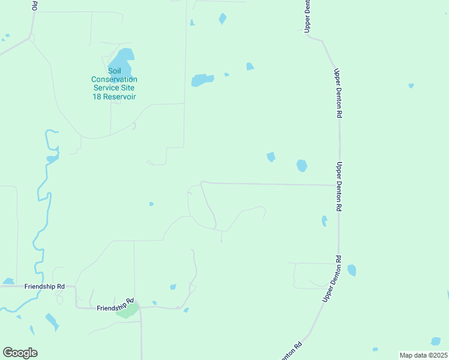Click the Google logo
point(20,353)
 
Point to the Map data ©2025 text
point(423,355)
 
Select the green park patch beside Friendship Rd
point(127,311)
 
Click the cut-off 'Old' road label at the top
point(35,5)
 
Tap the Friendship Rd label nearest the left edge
point(44,287)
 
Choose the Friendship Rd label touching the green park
point(115,306)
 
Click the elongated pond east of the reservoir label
point(202,80)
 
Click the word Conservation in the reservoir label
point(114,79)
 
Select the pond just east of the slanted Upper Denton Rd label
point(352,270)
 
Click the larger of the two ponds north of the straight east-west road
point(302,165)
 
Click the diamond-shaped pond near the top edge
point(223,19)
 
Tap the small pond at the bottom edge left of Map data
point(375,349)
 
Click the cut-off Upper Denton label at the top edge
point(307,15)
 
